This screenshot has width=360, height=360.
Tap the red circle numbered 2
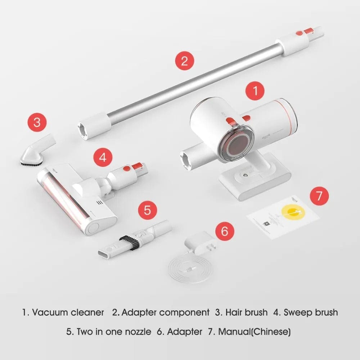point(184,60)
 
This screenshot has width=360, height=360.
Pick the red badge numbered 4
point(103,158)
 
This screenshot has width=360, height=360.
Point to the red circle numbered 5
point(147,210)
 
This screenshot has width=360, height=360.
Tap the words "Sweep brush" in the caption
point(310,312)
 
